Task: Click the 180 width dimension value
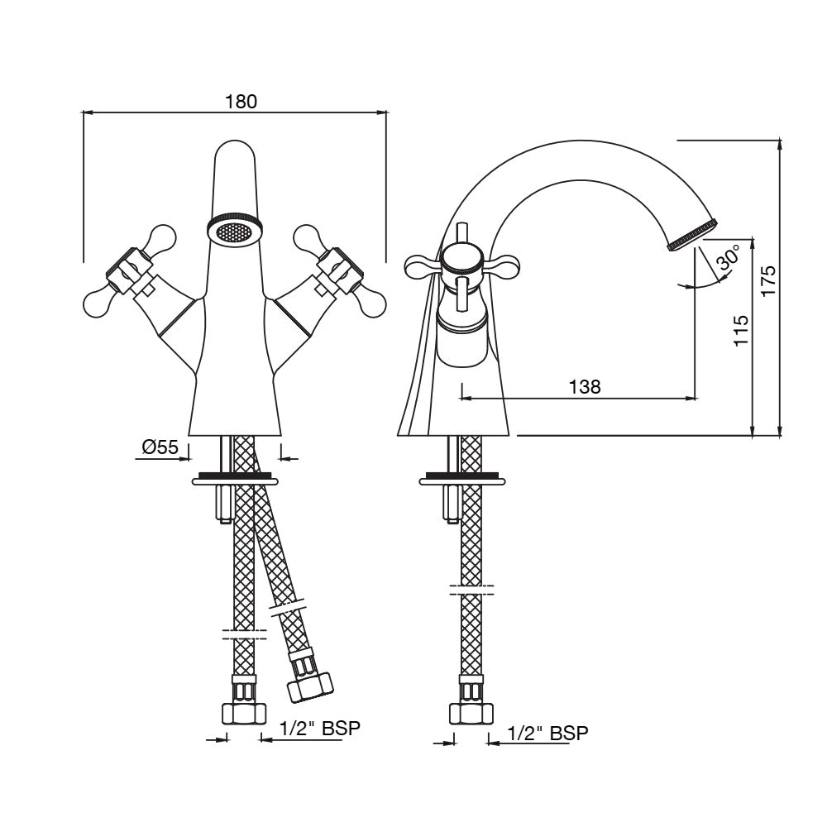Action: pos(241,101)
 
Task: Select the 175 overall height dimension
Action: pos(768,281)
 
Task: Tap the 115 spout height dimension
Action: pos(741,330)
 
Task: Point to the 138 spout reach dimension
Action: pos(584,385)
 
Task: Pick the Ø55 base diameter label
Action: pos(160,447)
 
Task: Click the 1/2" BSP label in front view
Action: pos(320,729)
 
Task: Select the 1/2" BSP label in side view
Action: pos(547,733)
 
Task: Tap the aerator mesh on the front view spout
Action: pos(235,232)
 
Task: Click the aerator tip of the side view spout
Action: pos(694,234)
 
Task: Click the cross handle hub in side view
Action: pos(461,261)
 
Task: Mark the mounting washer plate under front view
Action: pos(235,478)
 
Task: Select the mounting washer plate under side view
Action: pos(461,478)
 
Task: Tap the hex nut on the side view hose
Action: pos(471,712)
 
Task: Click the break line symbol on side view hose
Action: pos(471,590)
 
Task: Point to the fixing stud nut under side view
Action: pos(452,504)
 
